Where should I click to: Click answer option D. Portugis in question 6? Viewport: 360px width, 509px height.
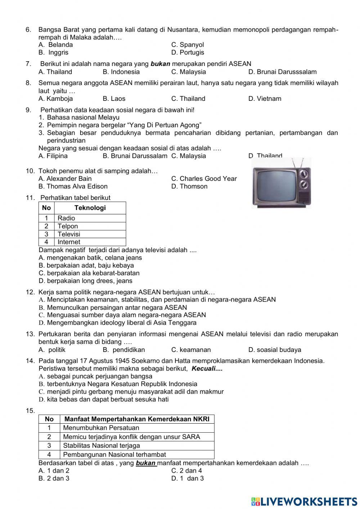pyautogui.click(x=188, y=53)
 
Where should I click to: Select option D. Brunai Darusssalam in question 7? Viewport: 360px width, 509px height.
pyautogui.click(x=282, y=72)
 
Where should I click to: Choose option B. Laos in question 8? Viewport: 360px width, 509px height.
pyautogui.click(x=114, y=99)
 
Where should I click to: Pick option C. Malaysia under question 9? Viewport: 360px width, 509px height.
pyautogui.click(x=189, y=156)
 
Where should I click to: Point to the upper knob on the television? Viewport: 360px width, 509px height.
pyautogui.click(x=304, y=174)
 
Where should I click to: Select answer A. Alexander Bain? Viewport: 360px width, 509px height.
pyautogui.click(x=65, y=179)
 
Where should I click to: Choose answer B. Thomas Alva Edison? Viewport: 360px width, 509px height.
pyautogui.click(x=73, y=187)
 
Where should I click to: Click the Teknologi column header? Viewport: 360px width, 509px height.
pyautogui.click(x=90, y=208)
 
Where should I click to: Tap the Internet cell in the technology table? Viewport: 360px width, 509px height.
pyautogui.click(x=69, y=242)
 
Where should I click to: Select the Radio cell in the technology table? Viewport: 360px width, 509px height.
pyautogui.click(x=66, y=218)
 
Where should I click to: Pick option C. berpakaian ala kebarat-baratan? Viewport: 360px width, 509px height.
pyautogui.click(x=89, y=273)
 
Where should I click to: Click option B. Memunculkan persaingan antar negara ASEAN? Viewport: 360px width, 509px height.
pyautogui.click(x=113, y=308)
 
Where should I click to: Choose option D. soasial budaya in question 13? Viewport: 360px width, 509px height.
pyautogui.click(x=274, y=350)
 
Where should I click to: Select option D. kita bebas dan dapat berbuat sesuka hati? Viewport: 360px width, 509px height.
pyautogui.click(x=103, y=399)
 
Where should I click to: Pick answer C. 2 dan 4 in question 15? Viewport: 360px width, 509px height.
pyautogui.click(x=186, y=471)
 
